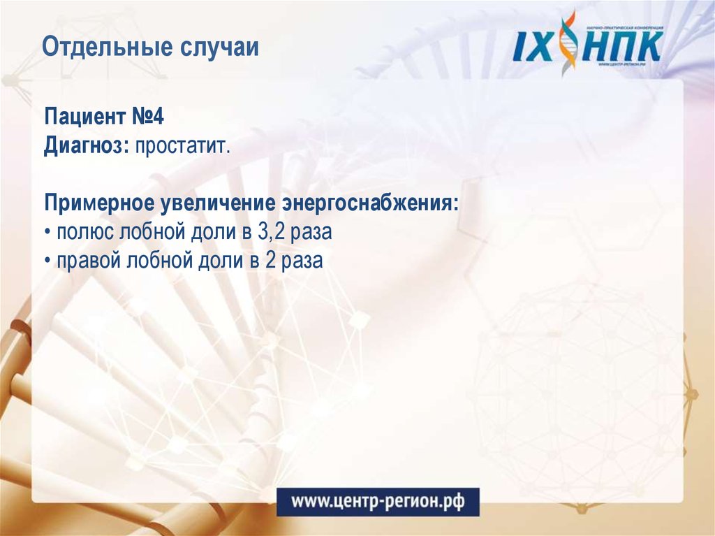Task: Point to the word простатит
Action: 182,147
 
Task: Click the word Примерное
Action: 100,205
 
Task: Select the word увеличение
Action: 219,205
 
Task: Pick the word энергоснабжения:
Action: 370,205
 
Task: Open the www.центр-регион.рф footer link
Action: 378,501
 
